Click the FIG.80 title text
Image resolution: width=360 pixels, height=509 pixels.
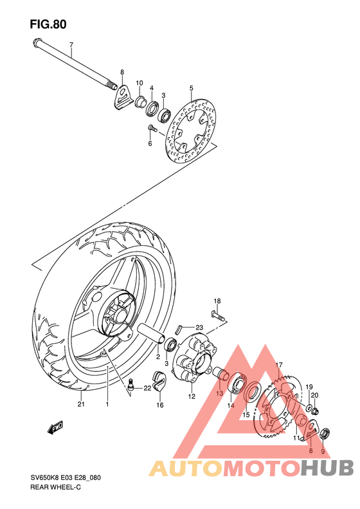point(48,24)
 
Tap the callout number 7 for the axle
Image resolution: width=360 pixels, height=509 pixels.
point(71,44)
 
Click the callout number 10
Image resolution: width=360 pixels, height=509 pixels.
point(138,83)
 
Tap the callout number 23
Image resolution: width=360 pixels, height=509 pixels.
point(200,326)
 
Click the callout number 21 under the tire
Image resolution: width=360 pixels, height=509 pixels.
point(81,405)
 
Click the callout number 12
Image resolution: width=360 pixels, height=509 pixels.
point(192,397)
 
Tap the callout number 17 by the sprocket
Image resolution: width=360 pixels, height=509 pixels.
point(280,366)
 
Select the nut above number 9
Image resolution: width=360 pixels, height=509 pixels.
point(324,432)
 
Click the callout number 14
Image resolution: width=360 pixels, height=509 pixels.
point(230,405)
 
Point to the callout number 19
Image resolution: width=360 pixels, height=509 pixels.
point(309,387)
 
